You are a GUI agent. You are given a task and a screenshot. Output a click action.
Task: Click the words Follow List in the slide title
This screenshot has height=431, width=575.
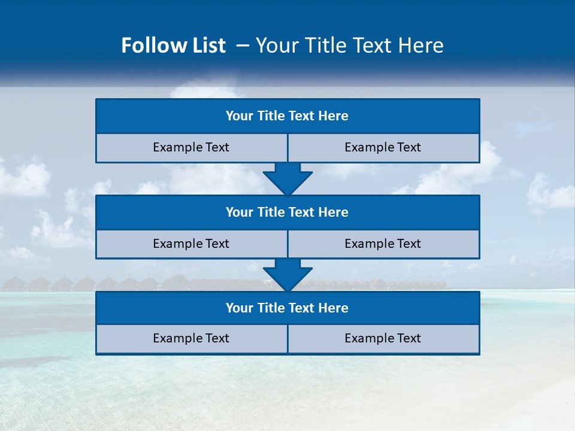pyautogui.click(x=173, y=45)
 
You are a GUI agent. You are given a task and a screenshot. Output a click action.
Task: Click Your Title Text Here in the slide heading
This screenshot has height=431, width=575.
pyautogui.click(x=349, y=45)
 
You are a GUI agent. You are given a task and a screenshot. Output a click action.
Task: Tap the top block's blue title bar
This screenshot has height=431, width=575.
pyautogui.click(x=287, y=116)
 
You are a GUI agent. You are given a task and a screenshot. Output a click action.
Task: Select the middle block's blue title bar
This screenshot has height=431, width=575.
pyautogui.click(x=287, y=213)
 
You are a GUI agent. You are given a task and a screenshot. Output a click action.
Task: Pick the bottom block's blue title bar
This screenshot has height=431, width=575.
pyautogui.click(x=287, y=308)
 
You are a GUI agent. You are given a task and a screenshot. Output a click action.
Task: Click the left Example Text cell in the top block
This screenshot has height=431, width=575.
pyautogui.click(x=191, y=148)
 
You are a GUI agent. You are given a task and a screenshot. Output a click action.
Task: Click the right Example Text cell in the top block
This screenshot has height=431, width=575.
pyautogui.click(x=383, y=148)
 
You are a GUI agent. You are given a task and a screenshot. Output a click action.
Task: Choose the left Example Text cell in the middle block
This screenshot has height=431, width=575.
pyautogui.click(x=191, y=244)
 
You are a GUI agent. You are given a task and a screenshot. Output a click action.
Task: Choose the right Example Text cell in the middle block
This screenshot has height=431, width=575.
pyautogui.click(x=383, y=244)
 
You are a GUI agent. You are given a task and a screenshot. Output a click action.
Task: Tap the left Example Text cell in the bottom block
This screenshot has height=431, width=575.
pyautogui.click(x=191, y=339)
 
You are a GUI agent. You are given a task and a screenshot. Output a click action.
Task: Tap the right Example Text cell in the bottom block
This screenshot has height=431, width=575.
pyautogui.click(x=383, y=339)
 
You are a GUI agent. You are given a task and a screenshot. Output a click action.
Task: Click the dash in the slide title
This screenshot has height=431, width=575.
pyautogui.click(x=243, y=45)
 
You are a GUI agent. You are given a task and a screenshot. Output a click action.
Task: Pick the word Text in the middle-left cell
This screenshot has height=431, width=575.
pyautogui.click(x=217, y=244)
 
